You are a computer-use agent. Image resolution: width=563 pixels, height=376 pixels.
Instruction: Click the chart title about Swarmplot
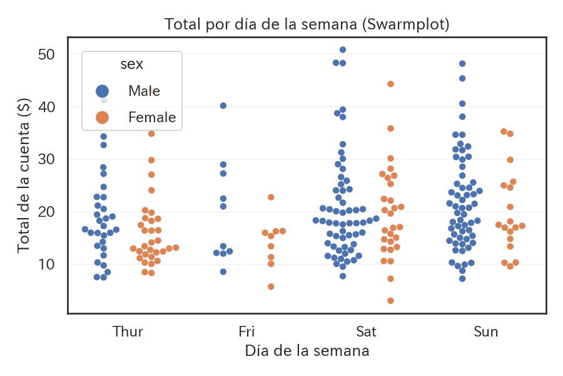[307, 24]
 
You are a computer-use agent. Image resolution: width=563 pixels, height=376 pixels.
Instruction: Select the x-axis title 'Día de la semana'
[307, 350]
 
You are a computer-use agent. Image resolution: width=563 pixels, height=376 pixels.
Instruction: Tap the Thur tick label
[128, 332]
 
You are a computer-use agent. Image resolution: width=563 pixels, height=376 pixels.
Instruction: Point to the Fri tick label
[246, 332]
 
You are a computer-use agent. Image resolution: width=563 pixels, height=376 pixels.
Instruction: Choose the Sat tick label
[366, 332]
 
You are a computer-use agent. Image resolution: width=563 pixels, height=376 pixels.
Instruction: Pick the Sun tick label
[485, 332]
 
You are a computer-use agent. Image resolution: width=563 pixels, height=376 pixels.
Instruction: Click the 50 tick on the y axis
[46, 55]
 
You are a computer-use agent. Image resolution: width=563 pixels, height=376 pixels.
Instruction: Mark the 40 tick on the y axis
[46, 107]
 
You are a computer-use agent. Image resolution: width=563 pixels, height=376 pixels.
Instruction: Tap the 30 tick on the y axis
[46, 159]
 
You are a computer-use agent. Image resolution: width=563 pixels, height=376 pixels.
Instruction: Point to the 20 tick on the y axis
[46, 212]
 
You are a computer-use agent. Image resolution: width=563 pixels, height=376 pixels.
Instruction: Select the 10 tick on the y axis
[46, 264]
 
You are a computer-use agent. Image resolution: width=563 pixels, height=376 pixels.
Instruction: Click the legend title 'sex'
[131, 65]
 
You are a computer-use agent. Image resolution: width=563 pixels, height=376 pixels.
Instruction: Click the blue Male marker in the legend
[102, 91]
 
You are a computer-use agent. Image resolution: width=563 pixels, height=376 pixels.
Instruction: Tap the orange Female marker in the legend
[102, 117]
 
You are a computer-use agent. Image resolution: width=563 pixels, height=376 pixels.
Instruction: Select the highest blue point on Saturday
[343, 50]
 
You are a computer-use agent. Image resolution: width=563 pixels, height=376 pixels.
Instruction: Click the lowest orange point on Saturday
[390, 301]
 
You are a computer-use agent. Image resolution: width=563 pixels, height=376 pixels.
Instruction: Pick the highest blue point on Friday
[223, 106]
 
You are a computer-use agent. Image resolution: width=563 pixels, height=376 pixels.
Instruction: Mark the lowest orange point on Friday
[271, 286]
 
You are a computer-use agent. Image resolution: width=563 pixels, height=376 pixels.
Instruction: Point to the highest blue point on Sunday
[462, 64]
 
